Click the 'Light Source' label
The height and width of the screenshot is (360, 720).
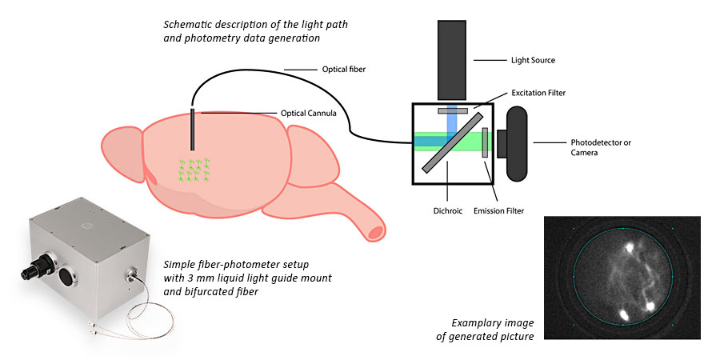[x=533, y=60]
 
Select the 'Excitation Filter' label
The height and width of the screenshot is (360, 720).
[x=538, y=94]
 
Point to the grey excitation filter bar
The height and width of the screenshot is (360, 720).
[x=452, y=110]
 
